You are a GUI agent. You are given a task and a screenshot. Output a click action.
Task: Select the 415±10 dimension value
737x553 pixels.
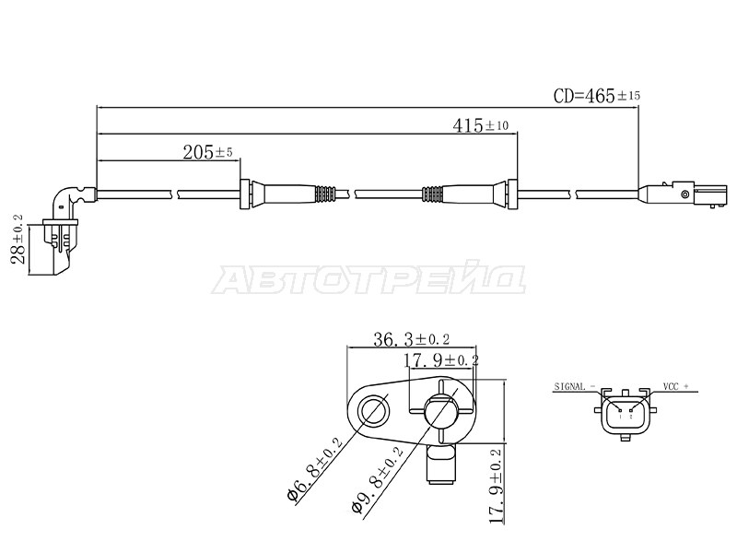[x=480, y=125]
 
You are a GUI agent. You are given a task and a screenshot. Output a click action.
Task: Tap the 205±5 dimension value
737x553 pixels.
[x=207, y=152]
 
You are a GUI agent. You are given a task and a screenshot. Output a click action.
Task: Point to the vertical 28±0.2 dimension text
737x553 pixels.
[x=18, y=239]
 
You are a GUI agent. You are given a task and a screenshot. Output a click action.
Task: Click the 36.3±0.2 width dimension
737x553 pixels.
[x=411, y=339]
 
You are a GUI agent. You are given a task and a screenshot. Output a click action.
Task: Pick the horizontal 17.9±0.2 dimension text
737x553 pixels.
[x=441, y=360]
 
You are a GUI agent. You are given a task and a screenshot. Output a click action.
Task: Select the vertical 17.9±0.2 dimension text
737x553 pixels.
[x=496, y=487]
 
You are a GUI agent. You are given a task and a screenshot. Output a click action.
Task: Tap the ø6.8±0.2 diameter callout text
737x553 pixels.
[x=314, y=470]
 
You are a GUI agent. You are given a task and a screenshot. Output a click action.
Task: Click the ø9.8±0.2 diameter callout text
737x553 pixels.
[x=378, y=481]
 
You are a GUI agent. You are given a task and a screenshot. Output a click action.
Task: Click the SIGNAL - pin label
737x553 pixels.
[x=574, y=386]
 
